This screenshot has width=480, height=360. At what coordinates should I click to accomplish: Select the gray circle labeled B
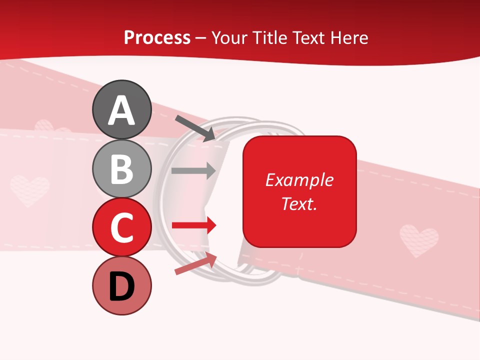(x=122, y=168)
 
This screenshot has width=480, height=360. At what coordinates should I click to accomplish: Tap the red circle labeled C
(x=122, y=227)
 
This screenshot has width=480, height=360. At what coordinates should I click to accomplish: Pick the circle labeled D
(x=122, y=285)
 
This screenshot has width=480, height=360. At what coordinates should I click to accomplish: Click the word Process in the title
(x=157, y=37)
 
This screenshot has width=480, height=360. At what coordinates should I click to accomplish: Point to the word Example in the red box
(x=299, y=180)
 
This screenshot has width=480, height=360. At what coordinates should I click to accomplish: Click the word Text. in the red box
(x=299, y=203)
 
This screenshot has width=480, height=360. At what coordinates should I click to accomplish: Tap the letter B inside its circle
(x=122, y=169)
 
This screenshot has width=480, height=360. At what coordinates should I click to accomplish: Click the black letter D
(x=122, y=286)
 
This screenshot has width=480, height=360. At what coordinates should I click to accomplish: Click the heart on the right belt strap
(x=419, y=240)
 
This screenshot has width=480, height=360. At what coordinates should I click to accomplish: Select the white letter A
(x=122, y=110)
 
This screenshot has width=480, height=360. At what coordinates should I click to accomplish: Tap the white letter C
(x=122, y=227)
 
